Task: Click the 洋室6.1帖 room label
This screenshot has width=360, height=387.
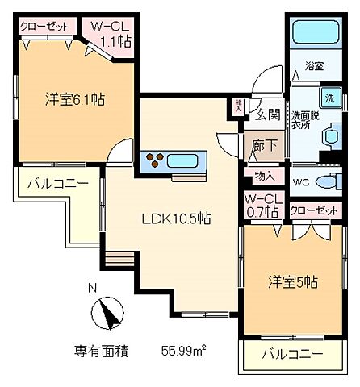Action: pos(74,101)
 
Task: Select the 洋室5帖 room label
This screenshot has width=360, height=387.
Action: pos(292,282)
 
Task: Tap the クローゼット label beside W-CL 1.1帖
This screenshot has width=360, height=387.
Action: pos(44,26)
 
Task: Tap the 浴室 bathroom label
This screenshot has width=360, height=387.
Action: pos(313,66)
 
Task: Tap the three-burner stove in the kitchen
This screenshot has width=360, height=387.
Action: pos(155,158)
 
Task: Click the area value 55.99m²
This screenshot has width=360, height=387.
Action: pos(182,351)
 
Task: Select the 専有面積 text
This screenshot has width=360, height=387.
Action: pos(100,351)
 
